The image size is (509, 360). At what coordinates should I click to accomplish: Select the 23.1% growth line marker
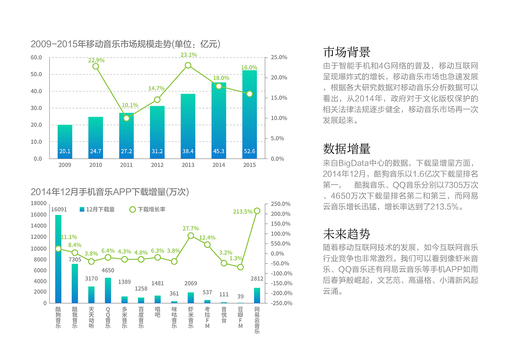coord(188,65)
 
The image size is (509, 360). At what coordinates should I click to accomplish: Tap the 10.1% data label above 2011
coord(130,105)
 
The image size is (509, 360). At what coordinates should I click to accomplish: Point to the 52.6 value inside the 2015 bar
coord(249,151)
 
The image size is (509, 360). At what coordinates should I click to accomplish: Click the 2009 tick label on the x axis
coord(65,165)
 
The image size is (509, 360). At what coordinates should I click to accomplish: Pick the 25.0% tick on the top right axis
coord(279,57)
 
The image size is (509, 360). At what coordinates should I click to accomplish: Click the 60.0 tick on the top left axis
coord(36,57)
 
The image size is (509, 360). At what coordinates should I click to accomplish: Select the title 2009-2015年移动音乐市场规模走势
coord(125,44)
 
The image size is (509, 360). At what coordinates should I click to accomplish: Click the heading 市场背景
coord(347,52)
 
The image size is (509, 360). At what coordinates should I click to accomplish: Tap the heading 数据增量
coord(347,149)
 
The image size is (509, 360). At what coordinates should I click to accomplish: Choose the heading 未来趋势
coord(347,233)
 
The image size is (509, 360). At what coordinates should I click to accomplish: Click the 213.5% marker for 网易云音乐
coord(257,211)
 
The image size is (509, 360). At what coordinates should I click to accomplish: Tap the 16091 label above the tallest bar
coord(59,209)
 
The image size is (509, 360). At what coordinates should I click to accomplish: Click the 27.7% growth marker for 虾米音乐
coord(191,236)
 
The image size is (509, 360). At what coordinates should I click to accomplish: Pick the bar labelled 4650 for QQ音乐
coord(108,290)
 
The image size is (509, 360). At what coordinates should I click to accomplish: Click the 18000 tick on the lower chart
coord(39,203)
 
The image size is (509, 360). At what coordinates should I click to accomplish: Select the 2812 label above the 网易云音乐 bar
coord(257,279)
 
